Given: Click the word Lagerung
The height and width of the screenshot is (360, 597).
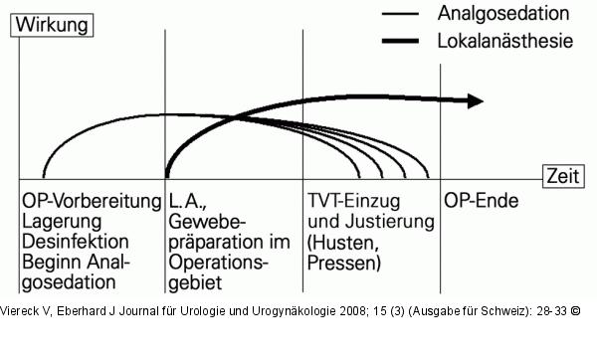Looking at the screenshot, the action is pyautogui.click(x=62, y=221).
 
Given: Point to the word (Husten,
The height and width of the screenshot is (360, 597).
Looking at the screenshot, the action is pyautogui.click(x=343, y=242).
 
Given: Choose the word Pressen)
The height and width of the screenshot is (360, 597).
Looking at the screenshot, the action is pyautogui.click(x=345, y=264).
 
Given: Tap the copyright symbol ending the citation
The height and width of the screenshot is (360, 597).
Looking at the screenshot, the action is pyautogui.click(x=576, y=310).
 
